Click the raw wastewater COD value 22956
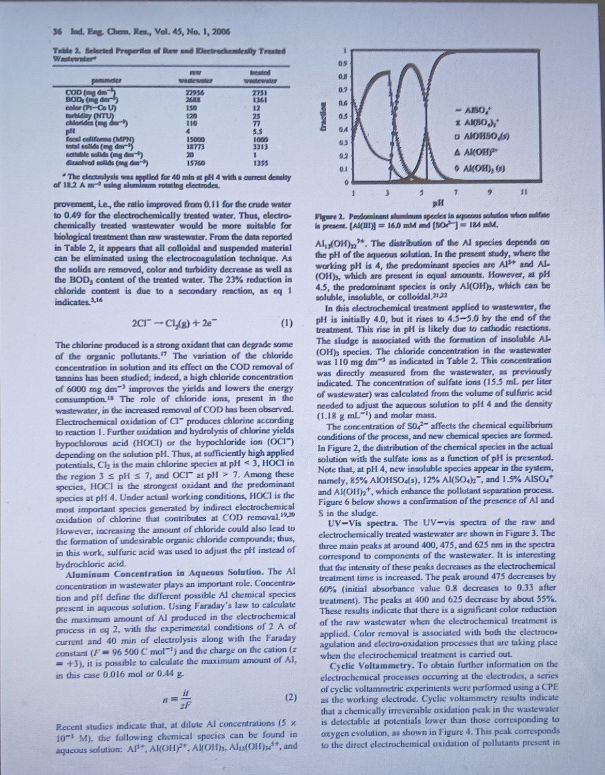(194, 91)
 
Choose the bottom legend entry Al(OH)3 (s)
(486, 169)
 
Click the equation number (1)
(285, 324)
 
